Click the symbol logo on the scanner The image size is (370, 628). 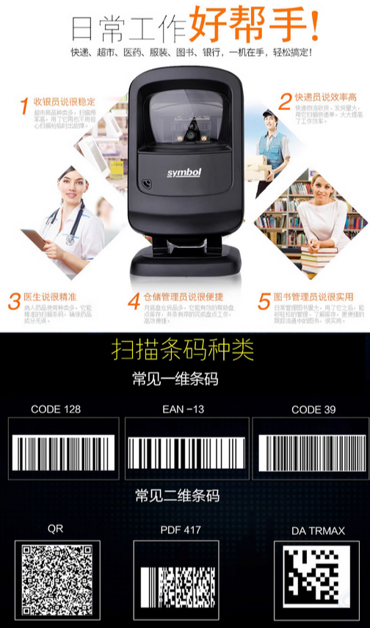click(x=184, y=170)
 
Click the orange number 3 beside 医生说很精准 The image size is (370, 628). click(x=15, y=301)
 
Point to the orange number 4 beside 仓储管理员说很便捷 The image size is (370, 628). click(x=134, y=302)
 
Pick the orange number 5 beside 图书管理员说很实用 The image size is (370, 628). click(x=264, y=301)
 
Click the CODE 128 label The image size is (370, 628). click(x=56, y=409)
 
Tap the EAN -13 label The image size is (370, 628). click(x=183, y=409)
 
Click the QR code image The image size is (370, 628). click(x=57, y=580)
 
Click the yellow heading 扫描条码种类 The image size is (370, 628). click(x=183, y=349)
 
